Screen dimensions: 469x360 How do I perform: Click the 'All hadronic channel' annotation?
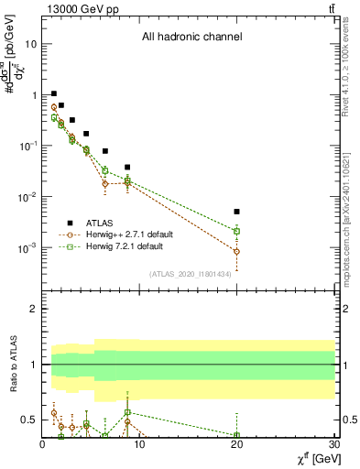[x=191, y=38]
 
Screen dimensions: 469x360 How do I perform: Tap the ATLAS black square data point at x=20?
[x=236, y=212]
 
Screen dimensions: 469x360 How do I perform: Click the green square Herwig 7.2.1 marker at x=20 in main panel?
[x=236, y=231]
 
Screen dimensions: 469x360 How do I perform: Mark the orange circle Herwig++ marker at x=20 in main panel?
[x=236, y=251]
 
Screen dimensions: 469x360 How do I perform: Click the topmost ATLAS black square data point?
[x=54, y=93]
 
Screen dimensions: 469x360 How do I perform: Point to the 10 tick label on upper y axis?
[x=31, y=44]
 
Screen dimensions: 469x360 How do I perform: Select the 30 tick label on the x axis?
[x=333, y=445]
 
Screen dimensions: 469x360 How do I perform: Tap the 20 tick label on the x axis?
[x=236, y=445]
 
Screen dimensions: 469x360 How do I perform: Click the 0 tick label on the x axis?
[x=43, y=445]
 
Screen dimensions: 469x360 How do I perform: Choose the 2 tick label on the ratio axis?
[x=33, y=310]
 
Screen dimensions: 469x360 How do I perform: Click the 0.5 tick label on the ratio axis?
[x=27, y=420]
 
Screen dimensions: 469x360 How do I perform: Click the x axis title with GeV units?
[x=309, y=458]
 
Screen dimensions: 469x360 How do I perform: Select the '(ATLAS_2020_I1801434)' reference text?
[x=190, y=275]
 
